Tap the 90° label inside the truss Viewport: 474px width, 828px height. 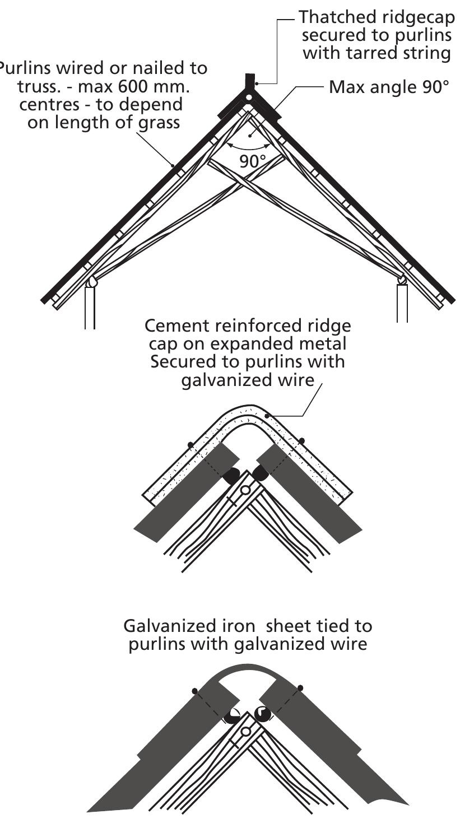coord(253,161)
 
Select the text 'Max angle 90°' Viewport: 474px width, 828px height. coord(389,88)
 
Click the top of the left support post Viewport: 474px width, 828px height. coord(90,287)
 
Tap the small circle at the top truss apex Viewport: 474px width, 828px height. coord(248,97)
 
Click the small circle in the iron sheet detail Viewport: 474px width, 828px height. coord(245,732)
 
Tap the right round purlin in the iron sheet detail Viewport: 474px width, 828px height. coord(262,714)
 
